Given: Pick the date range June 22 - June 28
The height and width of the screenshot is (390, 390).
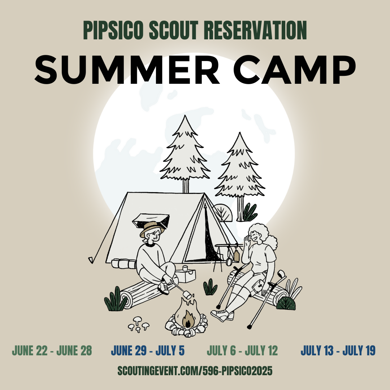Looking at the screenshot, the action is coord(52,351).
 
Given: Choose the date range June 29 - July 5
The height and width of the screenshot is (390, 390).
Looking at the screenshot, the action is coord(148,351).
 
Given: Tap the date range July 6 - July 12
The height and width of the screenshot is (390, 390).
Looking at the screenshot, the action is coord(242,351).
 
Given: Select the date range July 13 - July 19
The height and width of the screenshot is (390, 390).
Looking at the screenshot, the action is coord(338,351).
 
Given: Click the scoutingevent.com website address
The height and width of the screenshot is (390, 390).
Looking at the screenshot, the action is coord(195,371).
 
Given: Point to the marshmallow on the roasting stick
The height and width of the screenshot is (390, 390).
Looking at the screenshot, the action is coord(187,295).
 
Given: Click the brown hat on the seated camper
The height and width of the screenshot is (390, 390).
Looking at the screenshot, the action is coord(152,228).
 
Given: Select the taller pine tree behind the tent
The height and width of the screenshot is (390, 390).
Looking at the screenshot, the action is coord(185,154).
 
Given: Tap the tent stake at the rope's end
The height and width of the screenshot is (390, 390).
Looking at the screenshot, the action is coord(91,260).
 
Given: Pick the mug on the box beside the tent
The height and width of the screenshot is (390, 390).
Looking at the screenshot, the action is coord(185,268).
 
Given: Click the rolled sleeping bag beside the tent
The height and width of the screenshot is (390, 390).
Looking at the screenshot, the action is coord(124,264).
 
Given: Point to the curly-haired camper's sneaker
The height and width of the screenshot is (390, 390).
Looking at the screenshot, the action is coord(222,315).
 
